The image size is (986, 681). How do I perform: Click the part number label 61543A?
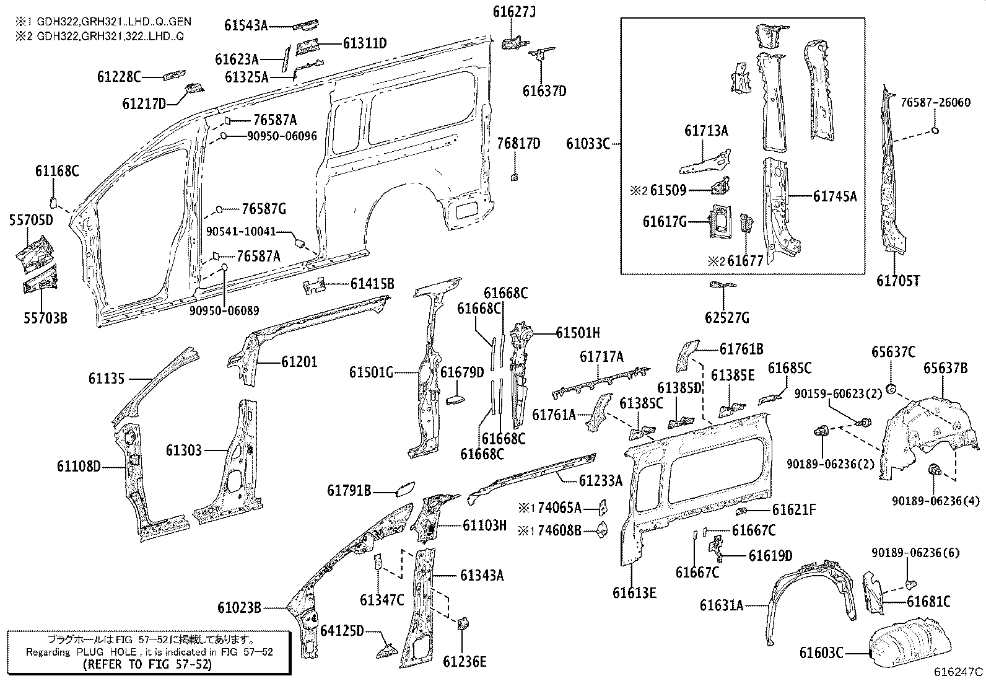[x=246, y=25]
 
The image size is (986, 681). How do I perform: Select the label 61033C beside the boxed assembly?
[x=587, y=144]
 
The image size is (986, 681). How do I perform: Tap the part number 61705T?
[x=897, y=281]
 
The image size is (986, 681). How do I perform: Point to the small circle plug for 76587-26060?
[x=935, y=130]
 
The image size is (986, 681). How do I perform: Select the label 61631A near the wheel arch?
[x=722, y=605]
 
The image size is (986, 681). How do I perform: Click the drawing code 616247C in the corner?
[x=959, y=672]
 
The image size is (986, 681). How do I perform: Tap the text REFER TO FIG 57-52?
[x=146, y=664]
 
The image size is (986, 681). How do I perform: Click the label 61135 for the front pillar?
[x=107, y=378]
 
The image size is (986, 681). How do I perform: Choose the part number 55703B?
[x=45, y=319]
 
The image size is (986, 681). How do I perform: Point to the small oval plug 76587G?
[x=219, y=209]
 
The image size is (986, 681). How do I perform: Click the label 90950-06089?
[x=224, y=310]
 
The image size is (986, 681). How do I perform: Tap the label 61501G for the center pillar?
[x=371, y=372]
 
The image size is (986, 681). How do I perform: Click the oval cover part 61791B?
[x=405, y=490]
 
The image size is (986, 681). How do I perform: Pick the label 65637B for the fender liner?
[x=945, y=368]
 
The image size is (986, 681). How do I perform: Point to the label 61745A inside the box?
[x=835, y=196]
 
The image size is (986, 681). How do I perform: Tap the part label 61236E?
[x=465, y=661]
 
